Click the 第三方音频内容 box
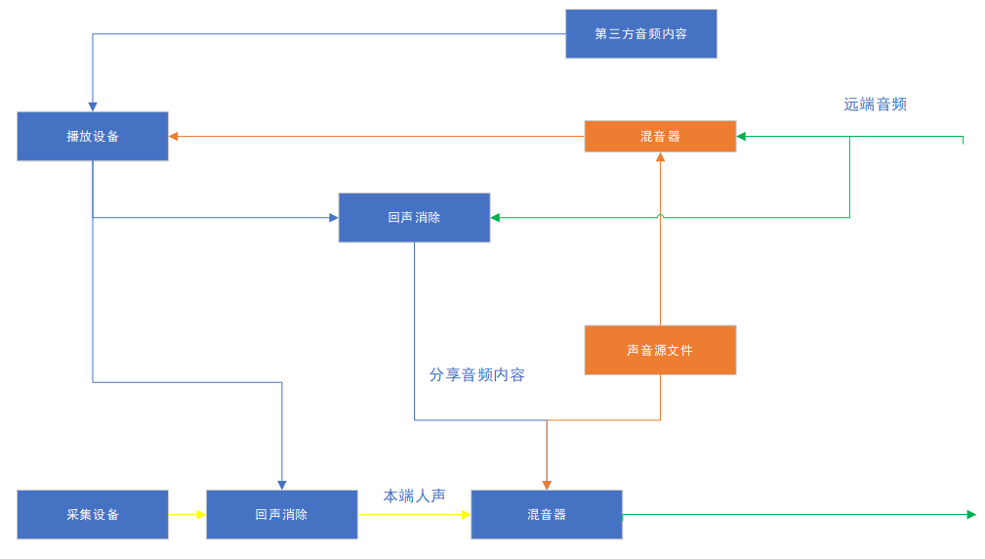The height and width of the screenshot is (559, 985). tap(640, 34)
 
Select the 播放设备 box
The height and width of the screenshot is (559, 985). tap(93, 136)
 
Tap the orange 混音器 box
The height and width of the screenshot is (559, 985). tap(660, 136)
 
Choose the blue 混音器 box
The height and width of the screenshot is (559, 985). tap(547, 514)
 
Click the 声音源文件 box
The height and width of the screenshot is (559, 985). tap(660, 350)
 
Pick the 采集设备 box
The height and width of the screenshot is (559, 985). tap(93, 514)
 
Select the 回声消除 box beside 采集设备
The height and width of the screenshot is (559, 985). tap(281, 514)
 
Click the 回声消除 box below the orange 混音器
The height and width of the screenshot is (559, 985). tap(414, 217)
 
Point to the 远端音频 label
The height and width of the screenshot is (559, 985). tap(875, 105)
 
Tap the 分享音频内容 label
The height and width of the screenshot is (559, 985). tap(476, 374)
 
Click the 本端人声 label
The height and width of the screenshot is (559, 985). tap(414, 496)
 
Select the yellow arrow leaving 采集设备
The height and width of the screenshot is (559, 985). tap(186, 514)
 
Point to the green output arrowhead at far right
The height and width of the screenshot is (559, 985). tap(970, 514)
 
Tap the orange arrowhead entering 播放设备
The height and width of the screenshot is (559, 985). tap(174, 136)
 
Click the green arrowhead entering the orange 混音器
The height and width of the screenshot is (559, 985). tap(742, 136)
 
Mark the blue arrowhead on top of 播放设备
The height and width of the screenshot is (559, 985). tap(93, 107)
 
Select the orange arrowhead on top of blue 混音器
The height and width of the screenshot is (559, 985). tap(547, 485)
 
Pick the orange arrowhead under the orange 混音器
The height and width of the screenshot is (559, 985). tap(660, 157)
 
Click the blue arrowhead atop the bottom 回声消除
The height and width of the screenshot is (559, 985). tap(282, 485)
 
